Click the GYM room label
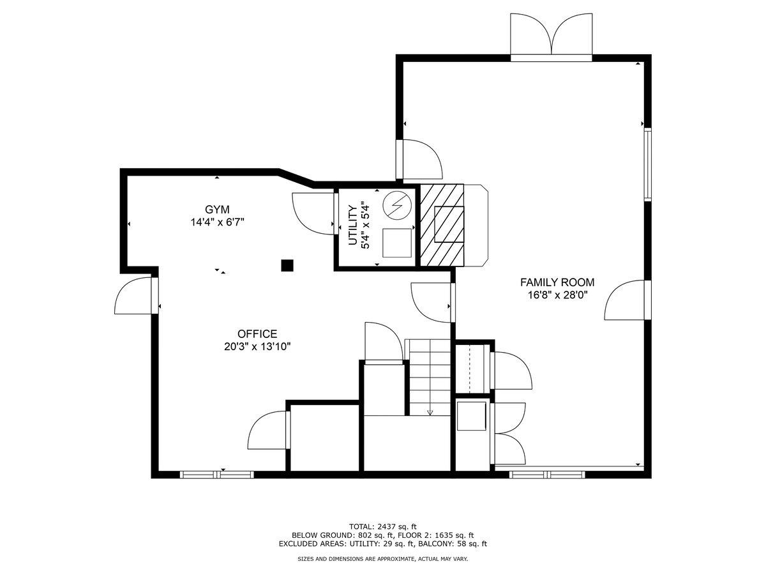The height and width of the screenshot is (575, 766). (217, 210)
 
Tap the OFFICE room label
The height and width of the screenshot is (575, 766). (257, 334)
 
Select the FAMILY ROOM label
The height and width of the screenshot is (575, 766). (557, 282)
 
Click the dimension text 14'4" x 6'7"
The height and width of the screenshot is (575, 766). (217, 222)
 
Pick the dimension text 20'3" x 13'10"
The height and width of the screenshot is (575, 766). (257, 346)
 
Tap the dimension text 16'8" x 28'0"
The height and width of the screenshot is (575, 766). (557, 295)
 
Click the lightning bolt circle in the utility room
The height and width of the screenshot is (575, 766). (398, 205)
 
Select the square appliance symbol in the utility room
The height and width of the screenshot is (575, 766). (397, 243)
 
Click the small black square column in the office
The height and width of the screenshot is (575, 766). (287, 264)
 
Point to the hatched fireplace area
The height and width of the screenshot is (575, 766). (441, 224)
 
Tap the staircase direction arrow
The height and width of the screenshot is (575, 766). (430, 412)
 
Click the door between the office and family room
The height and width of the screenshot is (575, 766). (433, 302)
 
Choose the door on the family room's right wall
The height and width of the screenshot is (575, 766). (626, 300)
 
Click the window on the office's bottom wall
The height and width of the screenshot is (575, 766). (216, 475)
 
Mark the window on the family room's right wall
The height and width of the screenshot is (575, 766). (647, 164)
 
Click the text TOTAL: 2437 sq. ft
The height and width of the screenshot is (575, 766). (382, 526)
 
